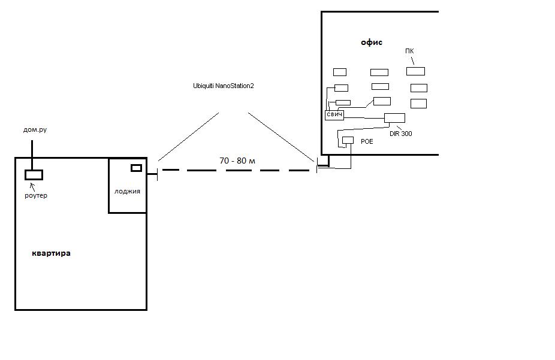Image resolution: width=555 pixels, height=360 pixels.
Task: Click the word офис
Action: coord(371,43)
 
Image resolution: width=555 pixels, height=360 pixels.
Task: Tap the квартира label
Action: coord(51,253)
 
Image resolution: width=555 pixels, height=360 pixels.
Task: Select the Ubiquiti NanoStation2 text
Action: coord(224,86)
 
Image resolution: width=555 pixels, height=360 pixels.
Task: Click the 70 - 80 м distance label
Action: coord(237,161)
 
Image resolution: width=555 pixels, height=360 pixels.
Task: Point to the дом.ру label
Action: coord(35,130)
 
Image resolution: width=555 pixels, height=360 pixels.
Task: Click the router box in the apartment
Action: coord(34,175)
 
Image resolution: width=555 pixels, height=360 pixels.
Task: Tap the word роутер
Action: coord(36,195)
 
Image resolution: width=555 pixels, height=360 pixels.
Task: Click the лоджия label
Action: coord(127,191)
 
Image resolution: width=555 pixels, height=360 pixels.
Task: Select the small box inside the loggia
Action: coord(136,168)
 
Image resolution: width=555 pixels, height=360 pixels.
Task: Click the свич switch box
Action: coord(334,115)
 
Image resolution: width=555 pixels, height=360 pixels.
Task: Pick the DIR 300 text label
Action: coord(401,134)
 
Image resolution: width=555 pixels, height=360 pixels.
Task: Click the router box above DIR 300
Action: coord(394,118)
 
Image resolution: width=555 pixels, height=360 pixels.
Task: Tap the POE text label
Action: coord(367,141)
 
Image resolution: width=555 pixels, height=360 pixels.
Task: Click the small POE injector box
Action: coord(348,140)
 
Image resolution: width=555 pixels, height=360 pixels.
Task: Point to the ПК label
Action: coord(409,52)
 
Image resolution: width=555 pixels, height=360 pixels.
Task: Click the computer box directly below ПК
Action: coord(415,71)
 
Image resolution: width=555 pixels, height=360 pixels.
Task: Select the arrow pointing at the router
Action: coord(32,187)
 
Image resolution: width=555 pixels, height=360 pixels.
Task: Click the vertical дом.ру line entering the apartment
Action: coord(32,155)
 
